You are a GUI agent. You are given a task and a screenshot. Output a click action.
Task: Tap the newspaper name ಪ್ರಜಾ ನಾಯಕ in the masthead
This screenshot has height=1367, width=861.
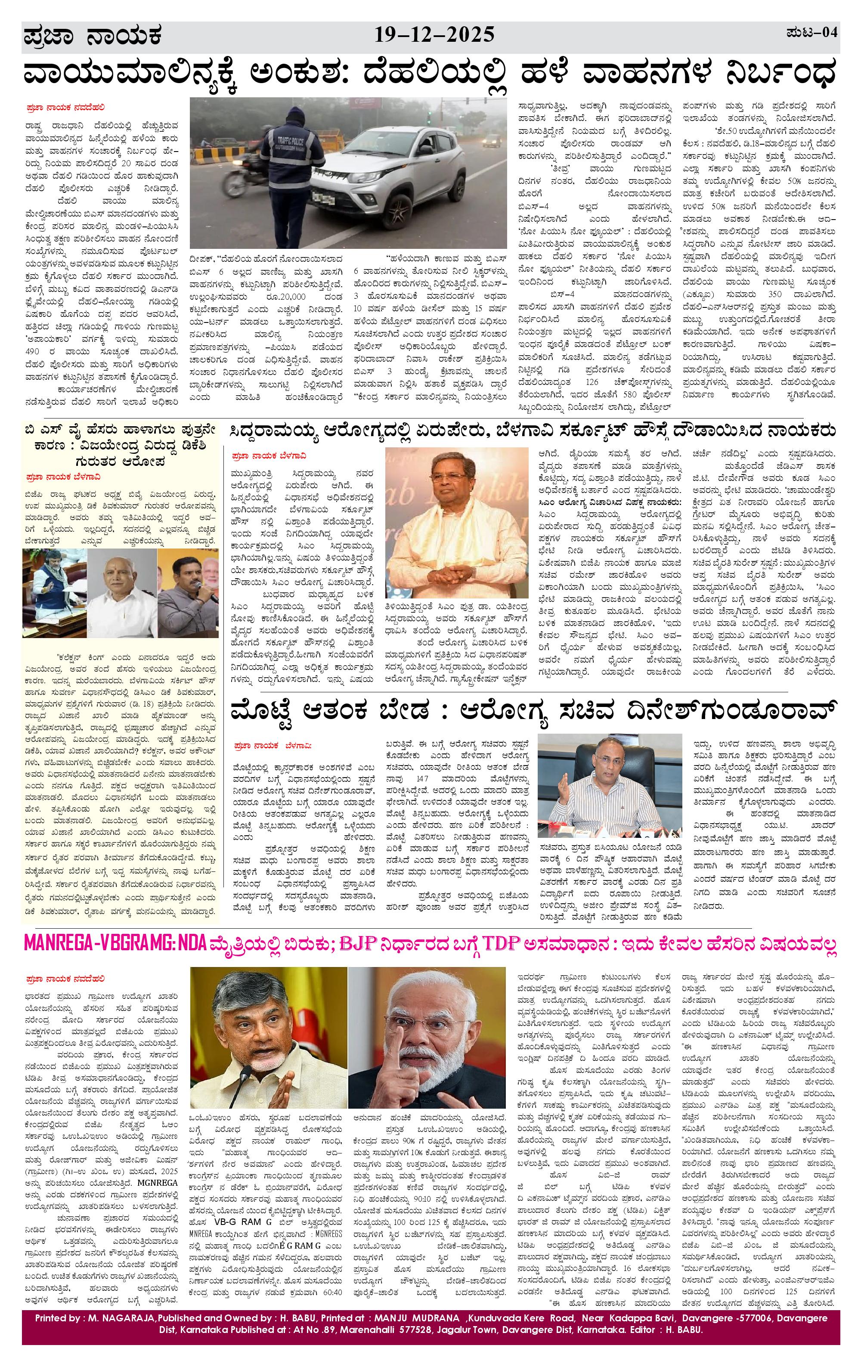pos(93,36)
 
